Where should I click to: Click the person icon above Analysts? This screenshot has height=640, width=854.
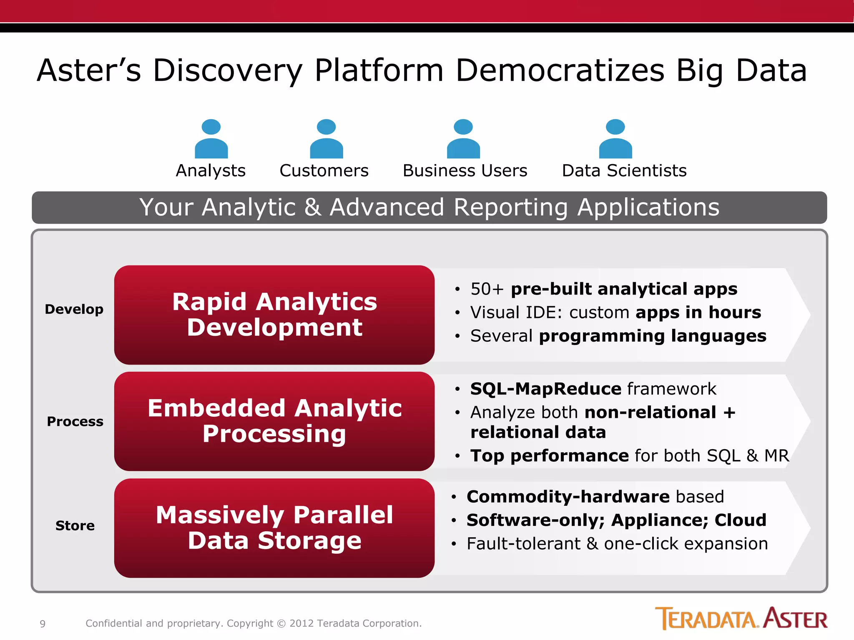[x=211, y=139]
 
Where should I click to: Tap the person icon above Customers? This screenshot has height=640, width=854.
[x=326, y=139]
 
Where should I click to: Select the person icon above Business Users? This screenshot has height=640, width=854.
[x=463, y=139]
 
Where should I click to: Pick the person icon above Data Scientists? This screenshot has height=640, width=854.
[x=615, y=139]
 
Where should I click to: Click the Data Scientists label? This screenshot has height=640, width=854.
[x=624, y=171]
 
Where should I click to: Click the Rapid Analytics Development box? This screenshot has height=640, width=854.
[x=274, y=315]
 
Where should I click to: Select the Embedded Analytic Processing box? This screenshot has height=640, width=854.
[x=274, y=421]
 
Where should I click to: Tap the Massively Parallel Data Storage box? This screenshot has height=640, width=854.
[x=274, y=528]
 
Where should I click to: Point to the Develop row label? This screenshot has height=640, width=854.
[x=74, y=310]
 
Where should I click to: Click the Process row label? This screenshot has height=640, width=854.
[x=75, y=422]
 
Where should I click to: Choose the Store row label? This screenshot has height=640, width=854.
[x=75, y=526]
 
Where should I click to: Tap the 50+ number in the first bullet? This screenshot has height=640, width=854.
[x=487, y=289]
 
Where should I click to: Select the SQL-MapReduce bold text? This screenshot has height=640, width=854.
[x=545, y=389]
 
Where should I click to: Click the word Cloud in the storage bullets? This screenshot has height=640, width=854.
[x=740, y=520]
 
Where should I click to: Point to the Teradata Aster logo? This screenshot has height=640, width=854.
[x=741, y=618]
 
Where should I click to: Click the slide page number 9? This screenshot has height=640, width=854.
[x=43, y=624]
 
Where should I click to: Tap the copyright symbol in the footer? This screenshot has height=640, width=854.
[x=281, y=624]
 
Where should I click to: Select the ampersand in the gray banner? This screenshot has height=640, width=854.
[x=313, y=207]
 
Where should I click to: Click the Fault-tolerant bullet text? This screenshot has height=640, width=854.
[x=617, y=544]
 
